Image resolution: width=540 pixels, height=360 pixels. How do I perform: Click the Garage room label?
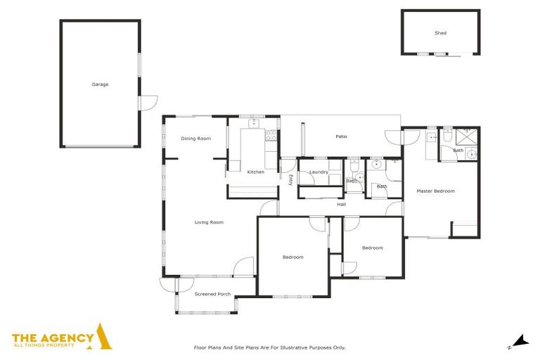(100, 84)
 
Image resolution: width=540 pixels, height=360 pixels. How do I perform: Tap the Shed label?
(440, 33)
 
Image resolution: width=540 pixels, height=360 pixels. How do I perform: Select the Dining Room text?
(195, 139)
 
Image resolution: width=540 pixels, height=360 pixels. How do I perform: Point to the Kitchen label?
(255, 172)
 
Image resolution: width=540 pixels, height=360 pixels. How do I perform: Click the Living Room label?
(209, 222)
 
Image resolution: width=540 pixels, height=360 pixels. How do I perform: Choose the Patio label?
(341, 136)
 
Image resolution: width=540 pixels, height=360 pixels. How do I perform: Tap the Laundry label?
(319, 172)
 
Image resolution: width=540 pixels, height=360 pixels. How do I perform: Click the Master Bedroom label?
(435, 191)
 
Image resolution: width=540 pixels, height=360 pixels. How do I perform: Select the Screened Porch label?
(212, 294)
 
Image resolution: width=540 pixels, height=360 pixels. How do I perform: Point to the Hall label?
(342, 205)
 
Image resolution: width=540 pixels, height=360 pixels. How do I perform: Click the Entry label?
(290, 180)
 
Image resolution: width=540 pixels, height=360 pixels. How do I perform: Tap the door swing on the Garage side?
(148, 103)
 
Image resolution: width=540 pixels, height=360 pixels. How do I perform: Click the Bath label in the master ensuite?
(458, 150)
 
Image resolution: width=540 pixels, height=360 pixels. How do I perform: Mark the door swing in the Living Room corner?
(243, 266)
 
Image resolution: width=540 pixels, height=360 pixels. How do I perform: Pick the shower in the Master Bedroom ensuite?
(465, 136)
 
